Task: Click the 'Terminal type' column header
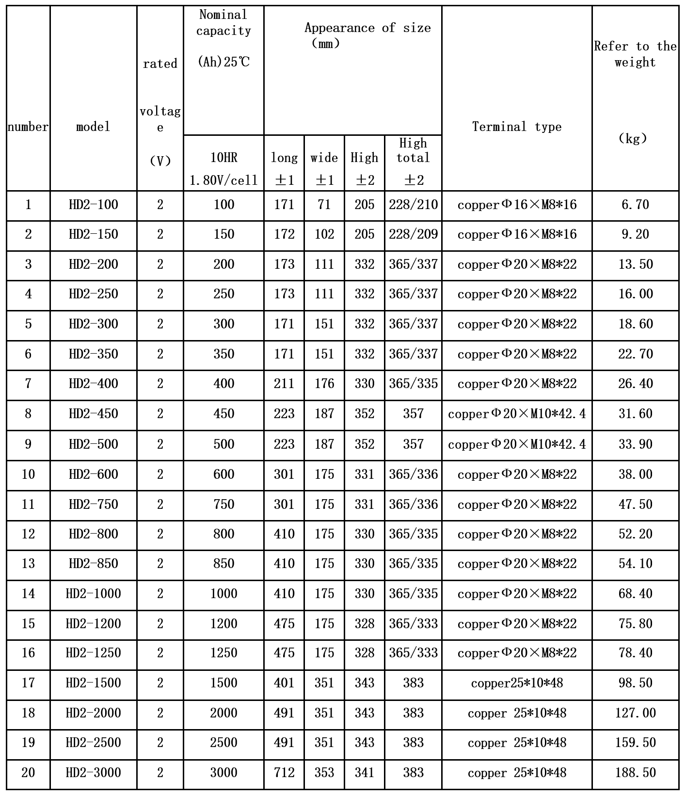click(x=517, y=127)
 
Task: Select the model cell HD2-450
click(x=94, y=414)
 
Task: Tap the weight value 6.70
click(x=635, y=205)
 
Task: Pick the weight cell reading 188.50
click(x=635, y=773)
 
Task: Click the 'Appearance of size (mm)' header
click(x=353, y=35)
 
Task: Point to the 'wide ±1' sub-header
click(x=324, y=168)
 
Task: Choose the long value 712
click(x=284, y=773)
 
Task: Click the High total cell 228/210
click(x=413, y=205)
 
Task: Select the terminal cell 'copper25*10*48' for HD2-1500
click(x=517, y=683)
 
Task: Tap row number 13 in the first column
click(x=28, y=564)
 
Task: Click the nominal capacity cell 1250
click(x=223, y=653)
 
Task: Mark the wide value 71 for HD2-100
click(x=324, y=205)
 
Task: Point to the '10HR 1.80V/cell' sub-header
click(x=223, y=168)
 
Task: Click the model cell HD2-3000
click(x=94, y=773)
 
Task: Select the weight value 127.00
click(x=635, y=713)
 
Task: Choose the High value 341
click(x=364, y=773)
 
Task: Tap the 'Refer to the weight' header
click(x=635, y=54)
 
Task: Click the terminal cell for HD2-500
click(x=517, y=444)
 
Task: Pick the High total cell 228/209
click(x=413, y=234)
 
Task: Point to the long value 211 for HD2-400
click(x=284, y=384)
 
